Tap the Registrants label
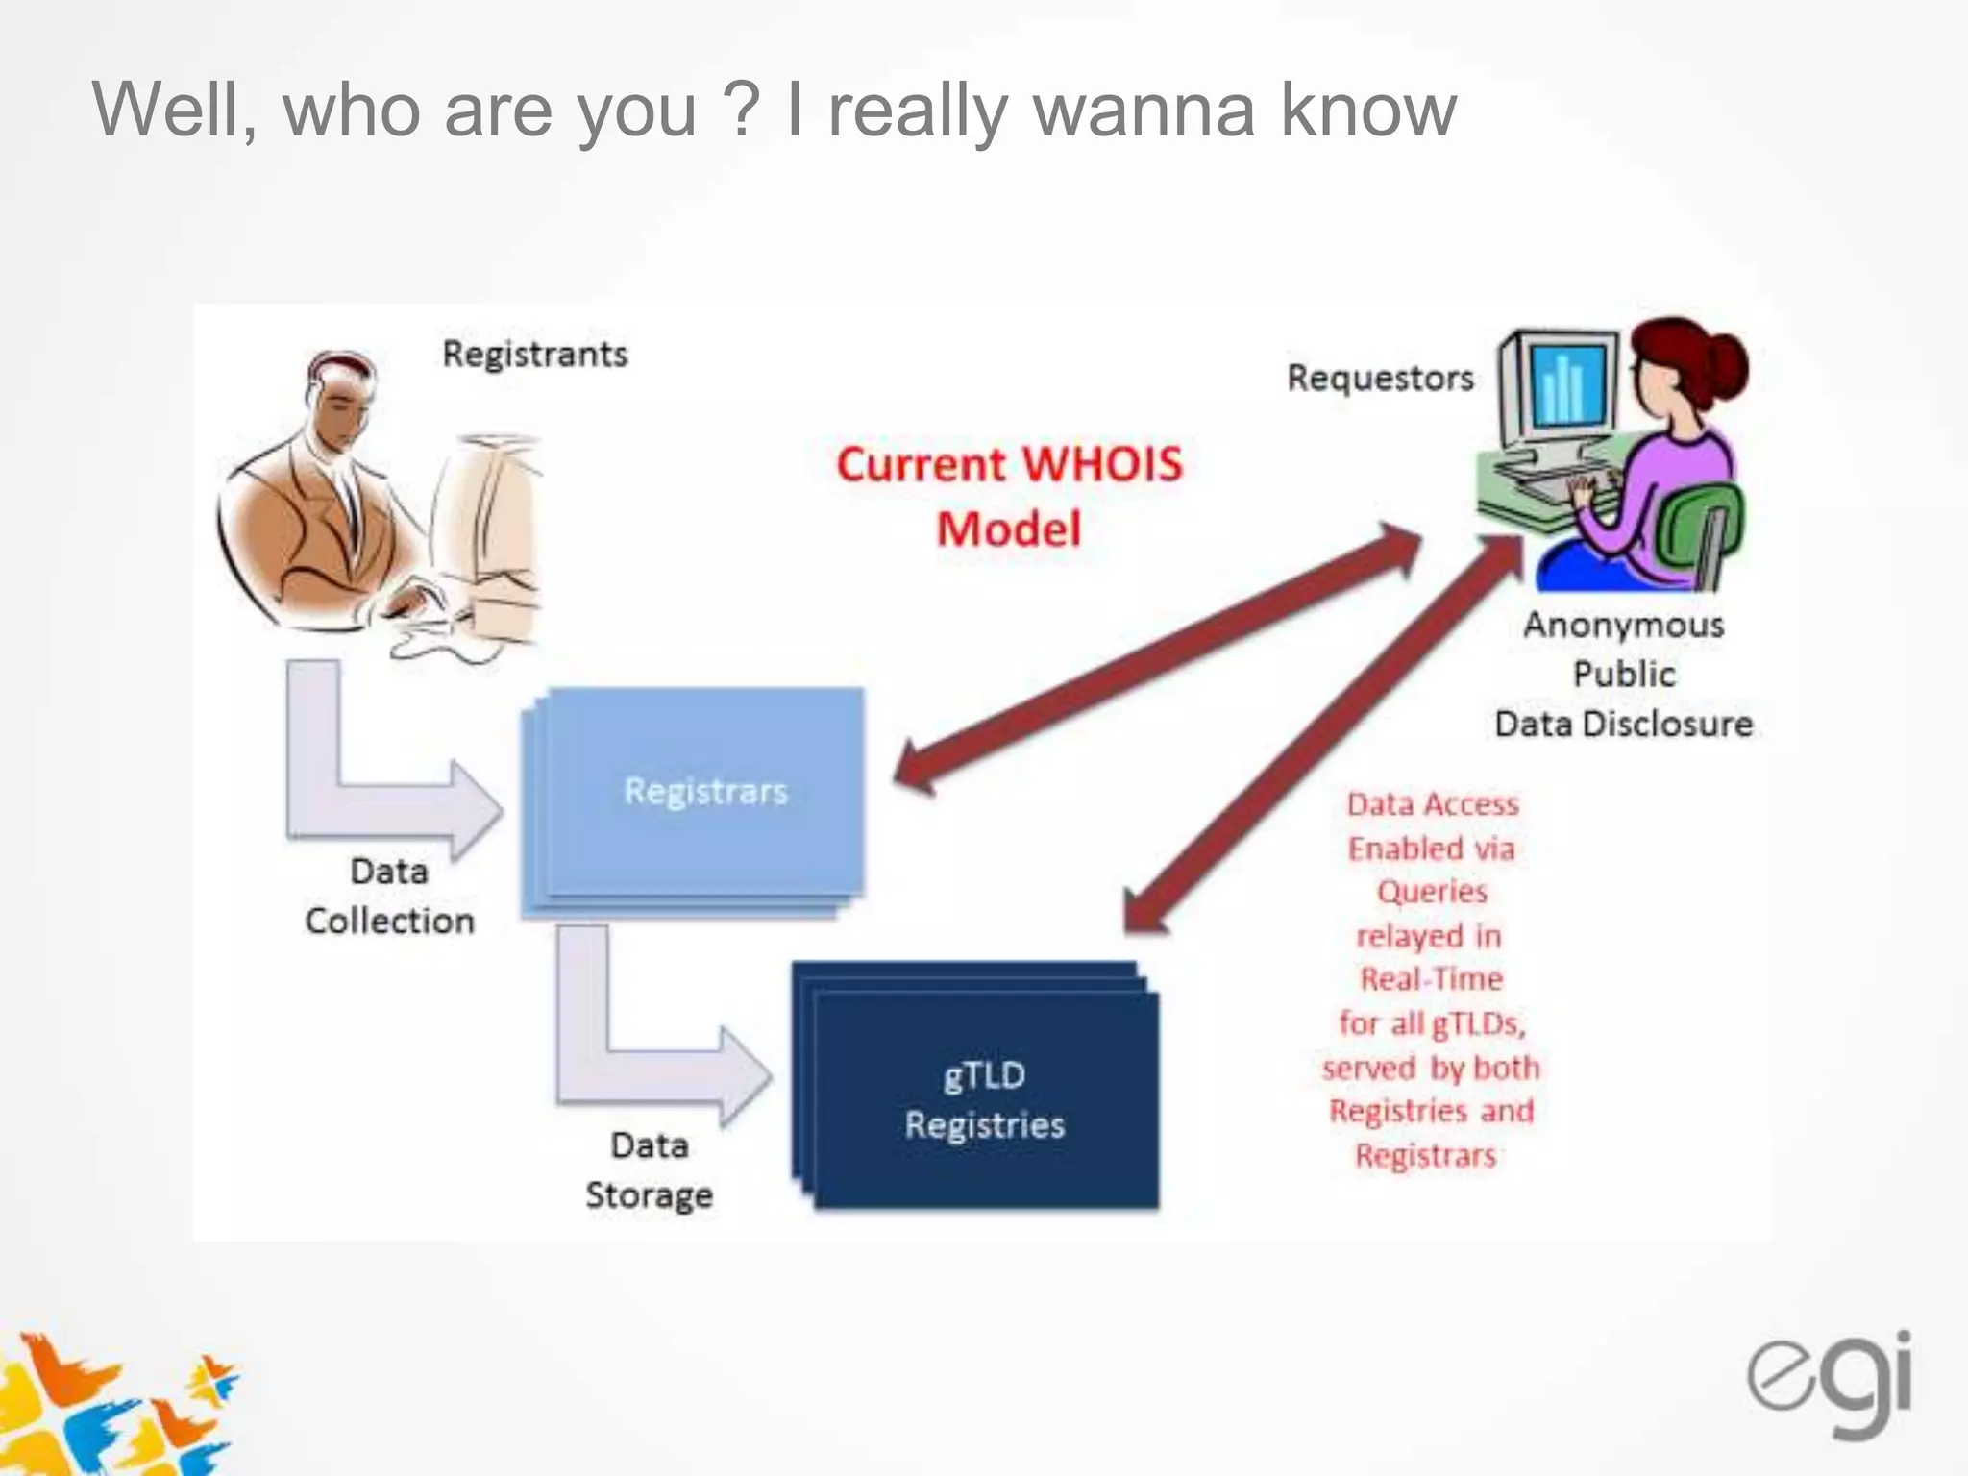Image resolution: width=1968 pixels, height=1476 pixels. coord(534,354)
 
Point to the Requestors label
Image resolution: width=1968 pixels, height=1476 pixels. coord(1380,378)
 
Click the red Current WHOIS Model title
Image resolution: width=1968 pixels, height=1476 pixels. coord(1009,496)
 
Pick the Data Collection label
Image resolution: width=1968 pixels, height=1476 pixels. coord(389,896)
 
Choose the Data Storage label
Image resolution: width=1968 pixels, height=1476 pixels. coord(649,1169)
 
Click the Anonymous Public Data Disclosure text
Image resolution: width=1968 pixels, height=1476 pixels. coord(1624,674)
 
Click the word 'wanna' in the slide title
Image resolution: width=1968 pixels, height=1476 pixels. coord(1144,110)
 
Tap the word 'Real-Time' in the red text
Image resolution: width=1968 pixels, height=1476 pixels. coord(1431,979)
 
